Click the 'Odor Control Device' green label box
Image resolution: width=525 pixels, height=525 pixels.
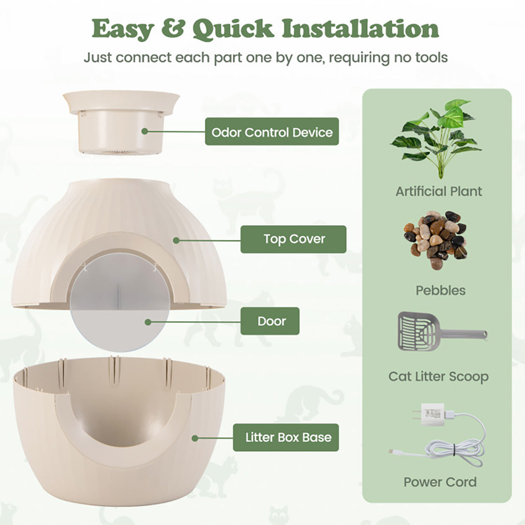pyautogui.click(x=272, y=132)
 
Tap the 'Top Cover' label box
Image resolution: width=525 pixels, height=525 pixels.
pyautogui.click(x=294, y=239)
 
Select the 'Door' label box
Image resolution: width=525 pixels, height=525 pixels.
pyautogui.click(x=270, y=321)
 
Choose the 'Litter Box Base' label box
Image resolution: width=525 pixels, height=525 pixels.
pyautogui.click(x=286, y=437)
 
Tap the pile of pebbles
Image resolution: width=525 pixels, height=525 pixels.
pyautogui.click(x=435, y=239)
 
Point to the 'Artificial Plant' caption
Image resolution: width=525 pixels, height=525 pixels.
pyautogui.click(x=439, y=191)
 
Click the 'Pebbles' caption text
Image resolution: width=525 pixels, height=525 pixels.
pyautogui.click(x=441, y=290)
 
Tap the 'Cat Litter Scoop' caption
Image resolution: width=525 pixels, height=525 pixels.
pyautogui.click(x=438, y=377)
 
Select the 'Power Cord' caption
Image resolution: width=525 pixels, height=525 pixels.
pyautogui.click(x=440, y=482)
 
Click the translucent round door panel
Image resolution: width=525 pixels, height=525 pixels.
pyautogui.click(x=120, y=302)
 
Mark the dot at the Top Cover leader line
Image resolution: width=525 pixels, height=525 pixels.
pyautogui.click(x=176, y=240)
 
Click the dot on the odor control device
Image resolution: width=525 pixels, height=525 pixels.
pyautogui.click(x=145, y=131)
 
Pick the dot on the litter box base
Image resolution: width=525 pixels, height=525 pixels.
pyautogui.click(x=195, y=438)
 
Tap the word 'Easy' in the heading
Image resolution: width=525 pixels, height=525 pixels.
pyautogui.click(x=123, y=29)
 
